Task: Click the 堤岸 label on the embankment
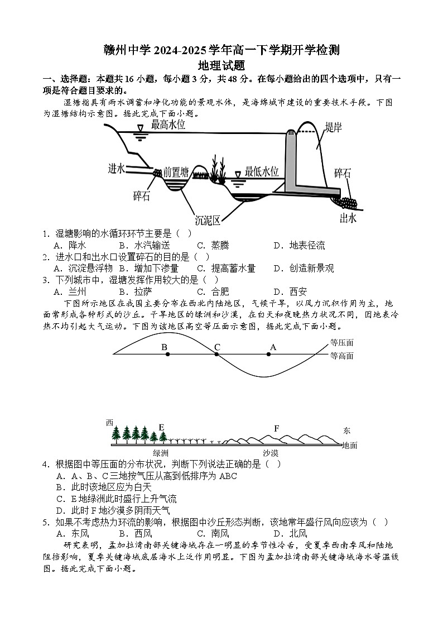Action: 334,128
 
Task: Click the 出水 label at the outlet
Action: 348,218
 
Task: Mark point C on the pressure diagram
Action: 217,355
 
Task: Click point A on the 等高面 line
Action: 272,355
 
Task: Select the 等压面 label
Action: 341,343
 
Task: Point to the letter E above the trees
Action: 162,428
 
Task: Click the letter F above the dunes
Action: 276,428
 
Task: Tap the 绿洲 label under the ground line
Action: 161,453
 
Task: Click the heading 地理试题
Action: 222,65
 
